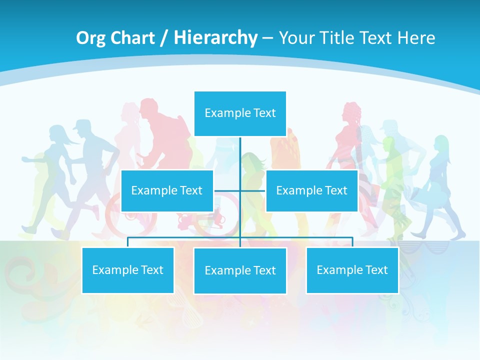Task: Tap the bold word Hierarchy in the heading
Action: [x=215, y=38]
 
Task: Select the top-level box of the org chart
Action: [x=240, y=113]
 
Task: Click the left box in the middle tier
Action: [x=167, y=190]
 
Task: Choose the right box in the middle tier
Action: [x=311, y=190]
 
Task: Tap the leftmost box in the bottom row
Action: [x=127, y=270]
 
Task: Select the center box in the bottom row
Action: [x=240, y=270]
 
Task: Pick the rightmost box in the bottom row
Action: [x=352, y=270]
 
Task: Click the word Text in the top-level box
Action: [x=264, y=113]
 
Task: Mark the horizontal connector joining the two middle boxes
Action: [x=240, y=190]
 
